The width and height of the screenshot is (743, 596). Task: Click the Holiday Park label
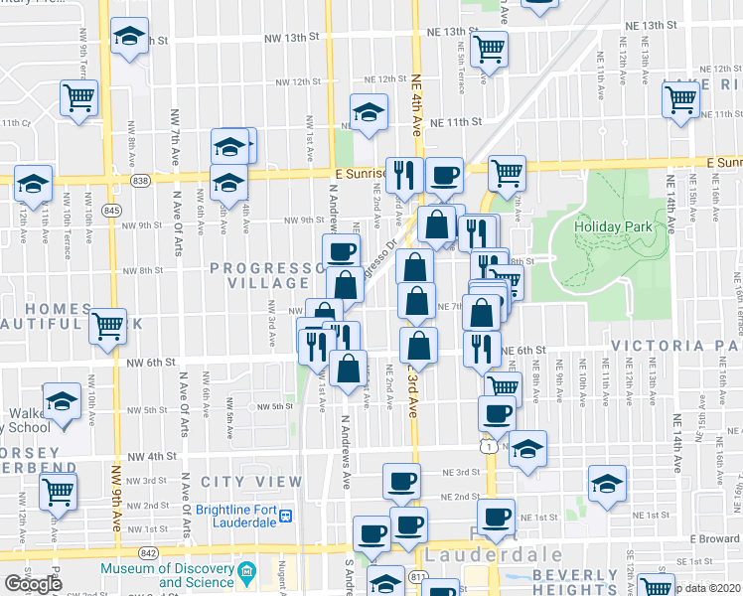point(613,226)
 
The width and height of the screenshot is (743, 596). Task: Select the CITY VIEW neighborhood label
point(250,482)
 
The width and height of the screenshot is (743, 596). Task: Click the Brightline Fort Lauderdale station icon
point(286,517)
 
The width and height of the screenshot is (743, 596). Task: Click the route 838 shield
point(140,181)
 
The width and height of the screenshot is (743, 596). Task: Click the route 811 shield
point(418,577)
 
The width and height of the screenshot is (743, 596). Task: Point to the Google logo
point(32,585)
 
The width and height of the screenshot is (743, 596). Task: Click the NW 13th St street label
point(290,37)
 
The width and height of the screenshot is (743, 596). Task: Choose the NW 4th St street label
point(152,457)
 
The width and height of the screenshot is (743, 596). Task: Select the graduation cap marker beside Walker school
point(62,402)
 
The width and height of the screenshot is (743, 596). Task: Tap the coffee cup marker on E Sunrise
point(443,176)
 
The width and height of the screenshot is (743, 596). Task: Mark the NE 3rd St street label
point(461,473)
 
